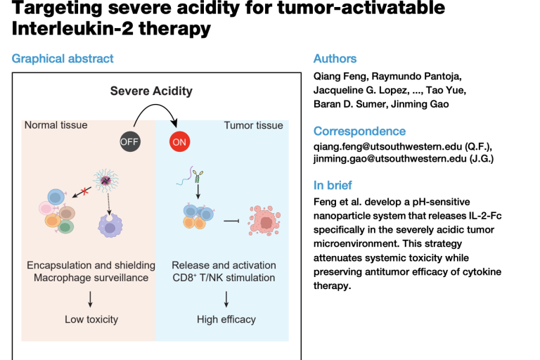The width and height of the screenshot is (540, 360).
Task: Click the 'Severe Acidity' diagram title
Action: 150,91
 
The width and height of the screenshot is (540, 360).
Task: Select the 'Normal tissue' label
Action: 56,125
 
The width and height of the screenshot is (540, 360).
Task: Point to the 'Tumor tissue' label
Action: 253,125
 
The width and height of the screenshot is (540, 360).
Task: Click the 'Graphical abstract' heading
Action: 63,59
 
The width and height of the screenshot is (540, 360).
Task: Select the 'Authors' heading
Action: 335,59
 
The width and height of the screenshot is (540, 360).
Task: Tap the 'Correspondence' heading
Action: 359,131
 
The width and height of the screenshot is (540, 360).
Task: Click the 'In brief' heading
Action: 334,186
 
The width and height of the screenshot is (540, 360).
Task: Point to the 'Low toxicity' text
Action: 91,319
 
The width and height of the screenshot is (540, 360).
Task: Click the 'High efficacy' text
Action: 226,319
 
